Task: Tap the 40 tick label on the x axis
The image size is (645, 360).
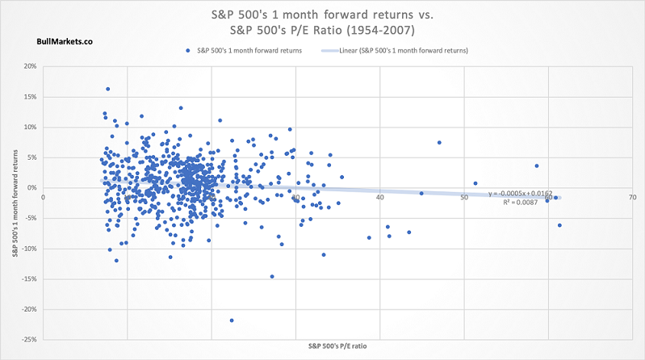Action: [x=379, y=196]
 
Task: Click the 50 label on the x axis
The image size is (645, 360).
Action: [x=463, y=196]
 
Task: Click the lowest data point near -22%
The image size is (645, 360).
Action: [x=232, y=320]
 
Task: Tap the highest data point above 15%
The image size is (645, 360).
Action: [x=107, y=89]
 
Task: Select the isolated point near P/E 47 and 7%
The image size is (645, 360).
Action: [x=439, y=143]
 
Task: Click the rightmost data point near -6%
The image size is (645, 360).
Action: [x=559, y=225]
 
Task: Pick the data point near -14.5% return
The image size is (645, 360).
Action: [x=272, y=276]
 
